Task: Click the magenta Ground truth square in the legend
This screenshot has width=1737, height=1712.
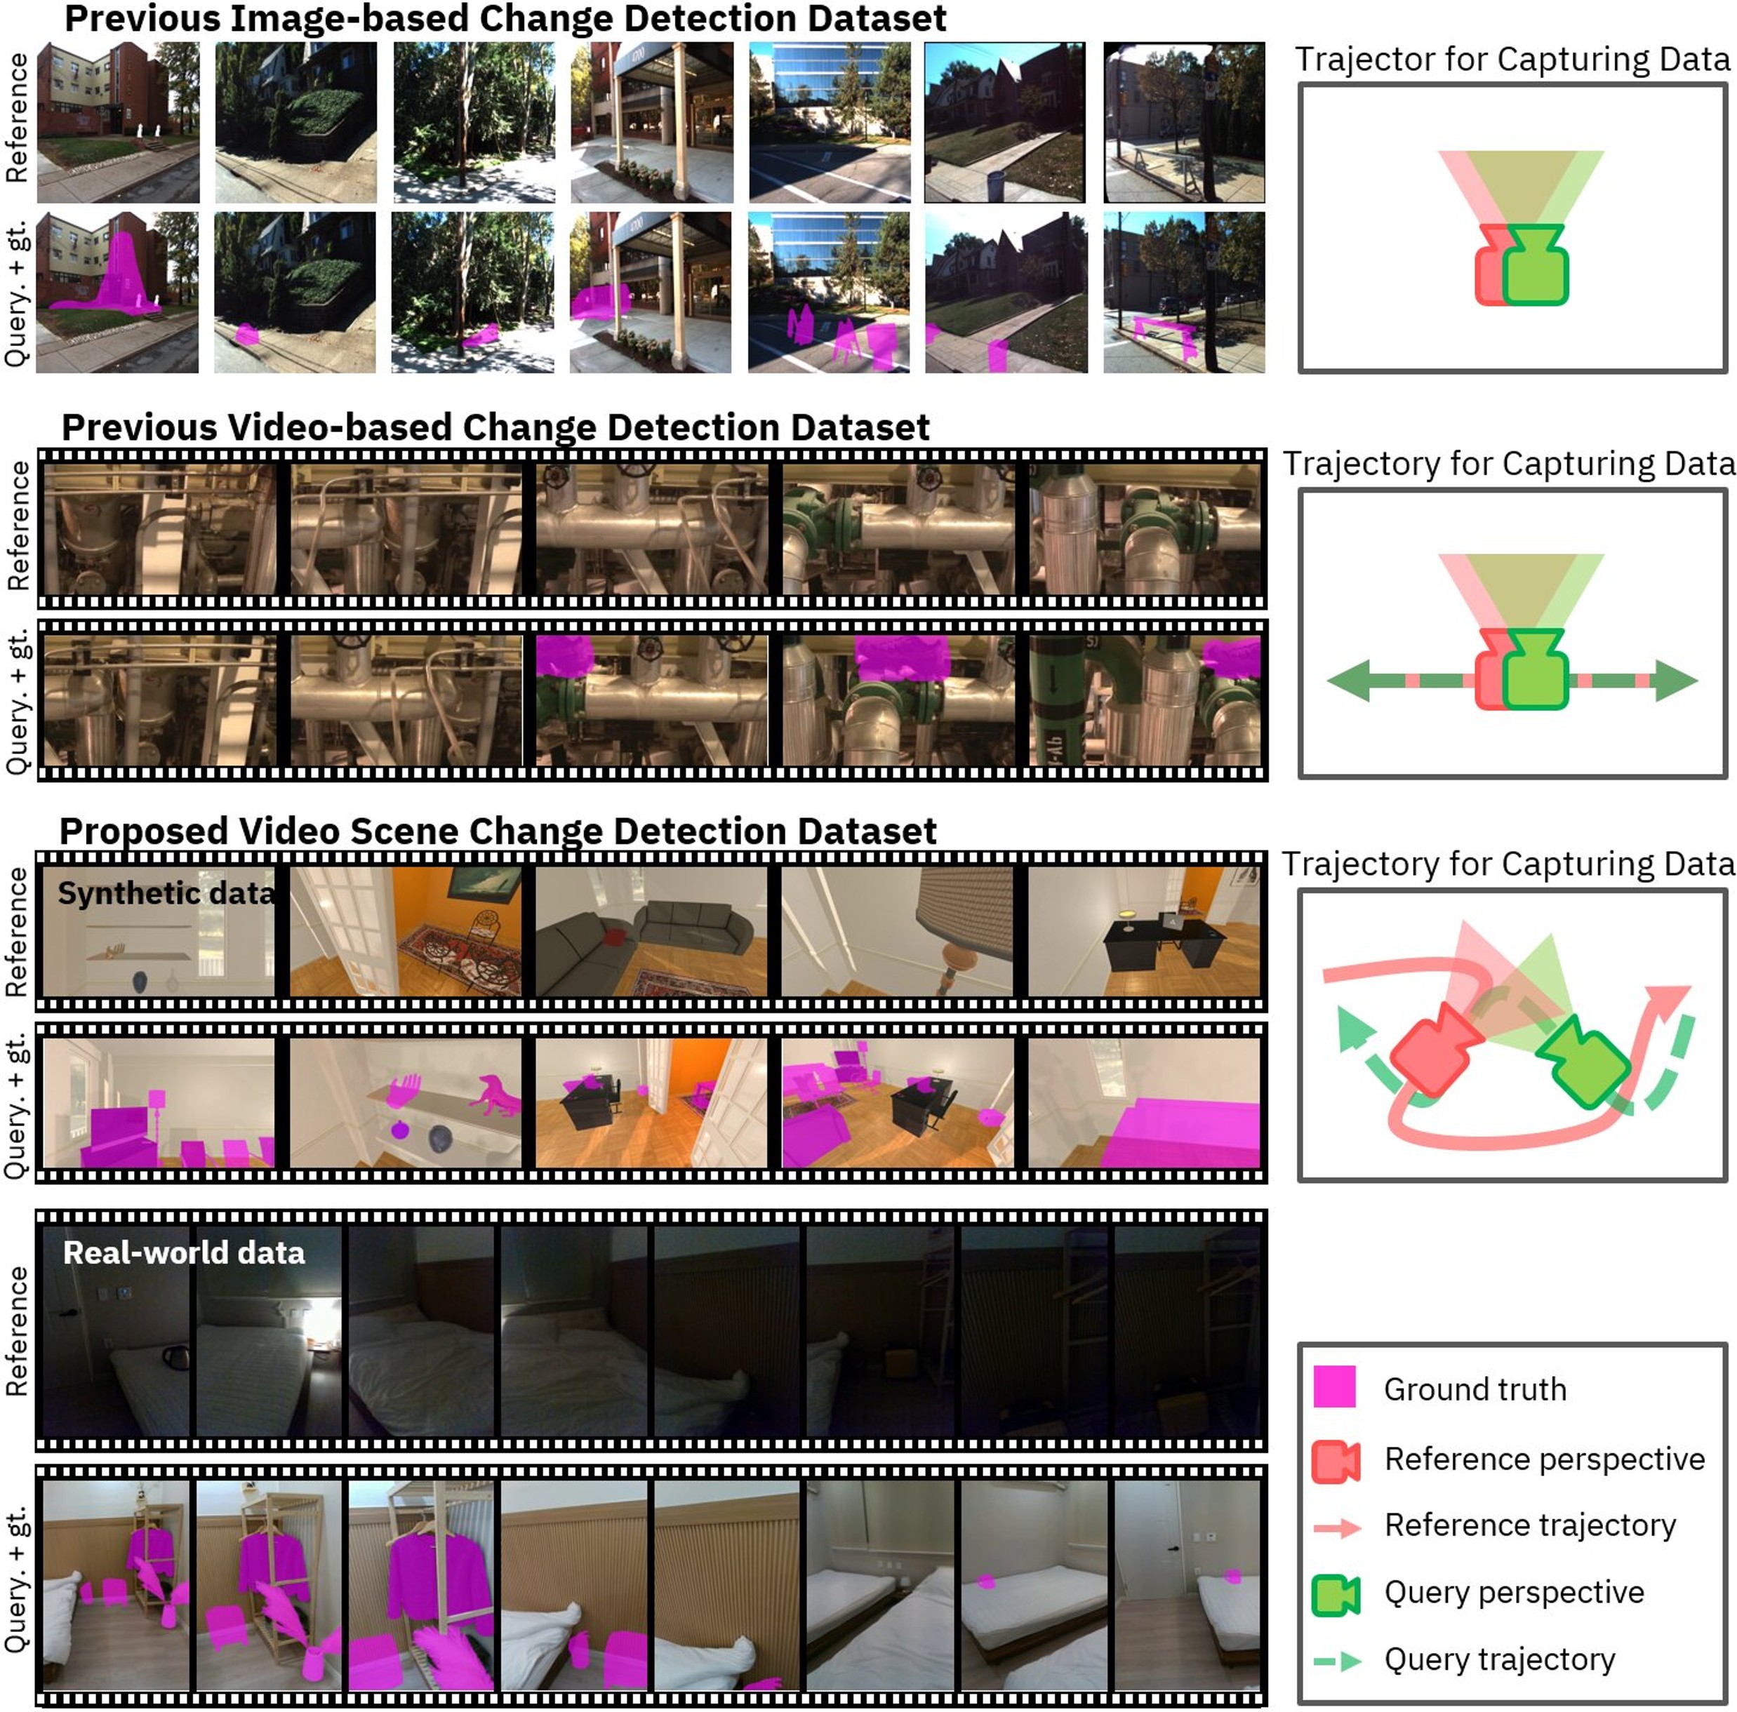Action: tap(1334, 1386)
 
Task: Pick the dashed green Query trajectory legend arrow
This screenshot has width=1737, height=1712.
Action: tap(1338, 1661)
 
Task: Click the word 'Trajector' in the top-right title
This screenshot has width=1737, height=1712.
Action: tap(1365, 60)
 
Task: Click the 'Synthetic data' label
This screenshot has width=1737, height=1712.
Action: tap(166, 893)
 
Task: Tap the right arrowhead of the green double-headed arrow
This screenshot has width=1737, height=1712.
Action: tap(1676, 681)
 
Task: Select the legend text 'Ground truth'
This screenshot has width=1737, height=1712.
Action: tap(1475, 1389)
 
